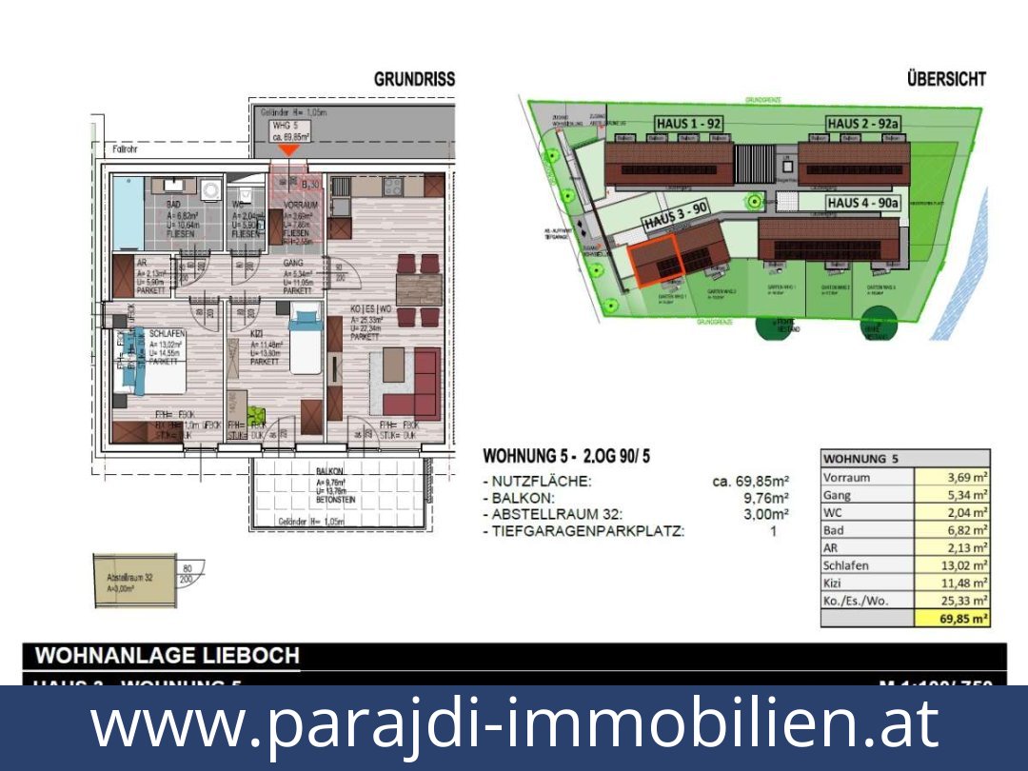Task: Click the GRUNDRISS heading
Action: (x=414, y=79)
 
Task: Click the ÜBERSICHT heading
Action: (x=946, y=79)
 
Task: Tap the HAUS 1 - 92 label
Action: (x=688, y=124)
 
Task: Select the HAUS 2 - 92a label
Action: (x=863, y=124)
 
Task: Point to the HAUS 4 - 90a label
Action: (x=862, y=203)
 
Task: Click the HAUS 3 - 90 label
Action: (x=675, y=218)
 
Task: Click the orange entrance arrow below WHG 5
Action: (x=287, y=149)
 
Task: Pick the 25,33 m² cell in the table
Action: (x=952, y=601)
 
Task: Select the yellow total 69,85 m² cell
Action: (x=952, y=619)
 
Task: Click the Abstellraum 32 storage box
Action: (x=133, y=581)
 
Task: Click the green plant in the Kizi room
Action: (x=254, y=414)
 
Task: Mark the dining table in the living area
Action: (x=419, y=288)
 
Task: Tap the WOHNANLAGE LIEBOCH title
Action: (x=168, y=656)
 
